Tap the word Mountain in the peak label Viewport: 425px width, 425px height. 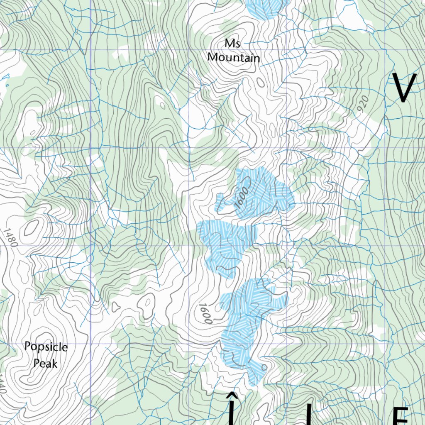pyautogui.click(x=234, y=57)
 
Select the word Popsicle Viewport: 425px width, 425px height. pyautogui.click(x=46, y=347)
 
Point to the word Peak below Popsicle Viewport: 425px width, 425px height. pyautogui.click(x=46, y=364)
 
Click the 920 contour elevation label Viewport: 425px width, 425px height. pyautogui.click(x=362, y=105)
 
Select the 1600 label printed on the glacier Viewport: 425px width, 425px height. pyautogui.click(x=241, y=198)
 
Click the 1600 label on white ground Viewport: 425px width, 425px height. pyautogui.click(x=205, y=313)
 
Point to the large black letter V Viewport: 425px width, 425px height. pyautogui.click(x=404, y=88)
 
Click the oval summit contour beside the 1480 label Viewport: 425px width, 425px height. pyautogui.click(x=32, y=228)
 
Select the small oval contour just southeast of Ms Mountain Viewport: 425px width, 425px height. pyautogui.click(x=261, y=82)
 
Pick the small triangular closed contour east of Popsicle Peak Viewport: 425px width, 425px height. pyautogui.click(x=116, y=307)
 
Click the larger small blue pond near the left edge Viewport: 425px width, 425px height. pyautogui.click(x=6, y=76)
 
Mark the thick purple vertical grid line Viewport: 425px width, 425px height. pyautogui.click(x=90, y=208)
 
